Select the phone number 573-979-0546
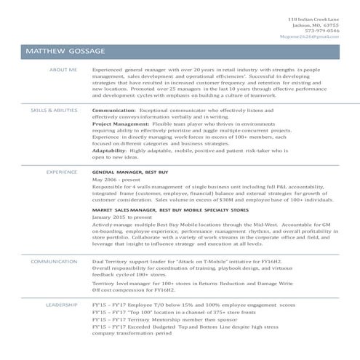pyautogui.click(x=323, y=30)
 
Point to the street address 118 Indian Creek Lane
pyautogui.click(x=313, y=18)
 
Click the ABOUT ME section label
pyautogui.click(x=63, y=71)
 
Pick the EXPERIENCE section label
pyautogui.click(x=63, y=172)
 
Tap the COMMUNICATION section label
pyautogui.click(x=55, y=261)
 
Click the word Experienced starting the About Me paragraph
pyautogui.click(x=108, y=71)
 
